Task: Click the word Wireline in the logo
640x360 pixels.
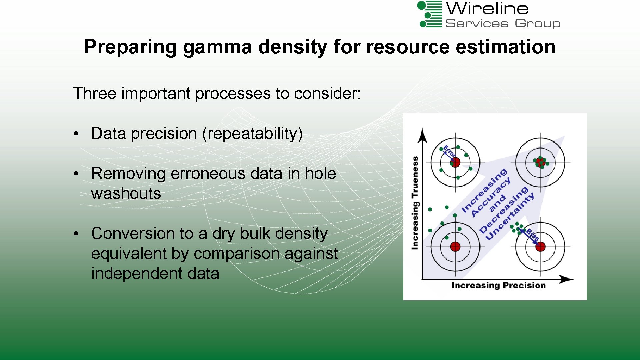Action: click(x=487, y=8)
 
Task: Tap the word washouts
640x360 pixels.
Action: click(x=126, y=194)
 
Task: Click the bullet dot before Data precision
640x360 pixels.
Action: click(x=76, y=134)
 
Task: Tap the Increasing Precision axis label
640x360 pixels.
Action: click(x=498, y=285)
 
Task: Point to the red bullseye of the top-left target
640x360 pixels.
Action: click(x=455, y=162)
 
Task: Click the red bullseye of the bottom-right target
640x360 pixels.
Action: click(x=540, y=247)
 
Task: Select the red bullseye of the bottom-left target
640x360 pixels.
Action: click(x=455, y=247)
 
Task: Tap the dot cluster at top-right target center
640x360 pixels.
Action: click(x=540, y=162)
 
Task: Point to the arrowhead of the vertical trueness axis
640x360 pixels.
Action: click(x=423, y=135)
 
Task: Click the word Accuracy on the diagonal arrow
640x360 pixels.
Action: click(x=491, y=197)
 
